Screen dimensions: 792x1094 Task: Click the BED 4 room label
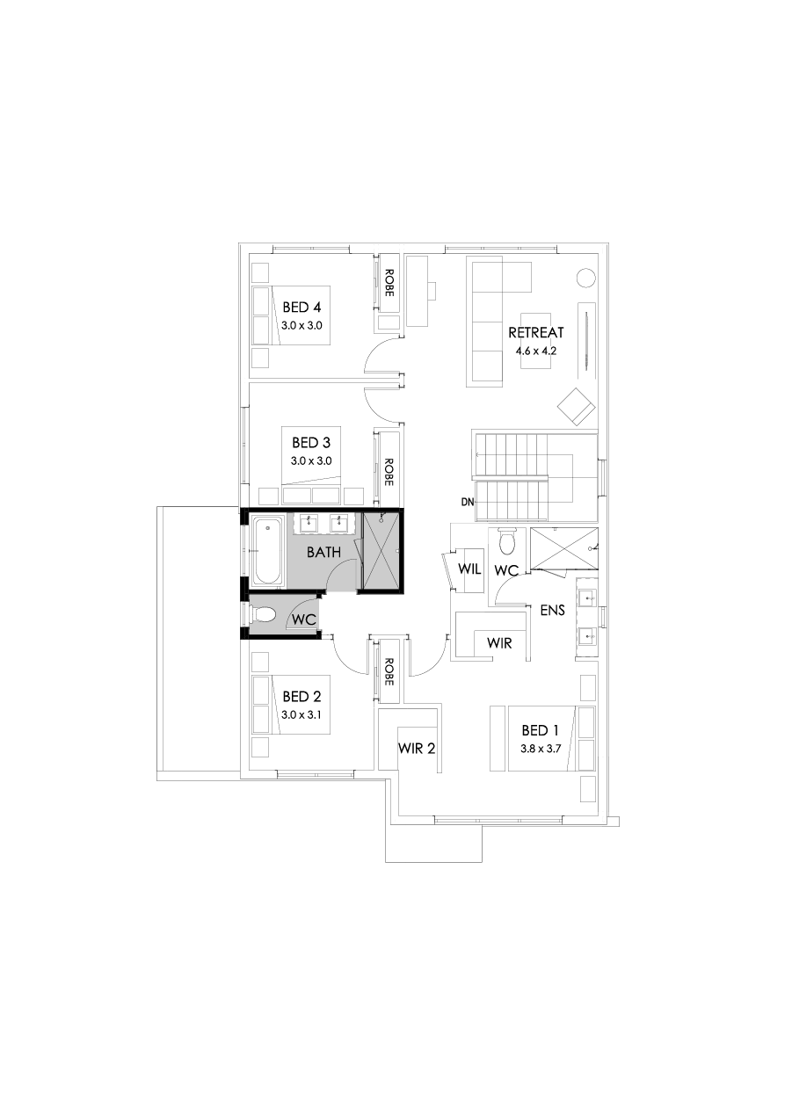(x=302, y=308)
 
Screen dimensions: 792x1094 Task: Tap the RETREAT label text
(x=535, y=333)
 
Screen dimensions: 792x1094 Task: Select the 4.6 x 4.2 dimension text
(x=536, y=350)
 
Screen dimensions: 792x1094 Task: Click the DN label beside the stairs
(x=467, y=502)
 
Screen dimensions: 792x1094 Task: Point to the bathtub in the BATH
(x=267, y=552)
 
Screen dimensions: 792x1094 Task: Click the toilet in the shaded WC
(x=265, y=615)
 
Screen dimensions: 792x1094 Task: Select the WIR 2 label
(x=417, y=749)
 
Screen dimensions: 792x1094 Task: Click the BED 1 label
(x=540, y=730)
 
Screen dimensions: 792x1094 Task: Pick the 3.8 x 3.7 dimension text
(x=540, y=750)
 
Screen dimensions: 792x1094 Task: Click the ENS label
(x=552, y=609)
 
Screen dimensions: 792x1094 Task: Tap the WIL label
(x=470, y=569)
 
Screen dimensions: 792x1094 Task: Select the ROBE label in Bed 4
(x=389, y=282)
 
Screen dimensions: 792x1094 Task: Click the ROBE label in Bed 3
(x=389, y=472)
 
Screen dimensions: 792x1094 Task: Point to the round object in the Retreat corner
(x=585, y=277)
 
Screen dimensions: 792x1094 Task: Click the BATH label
(x=323, y=553)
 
